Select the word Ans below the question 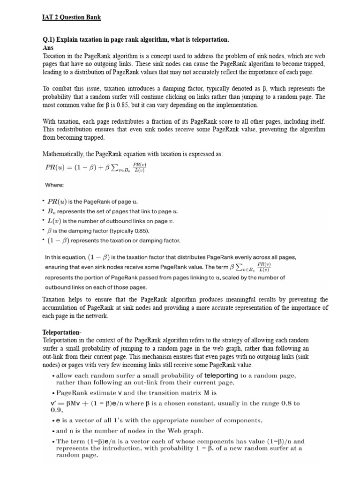48,48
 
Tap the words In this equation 65,257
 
